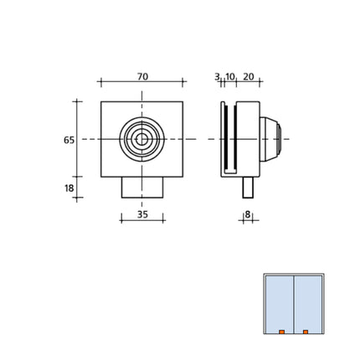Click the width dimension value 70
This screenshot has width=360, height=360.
[142, 77]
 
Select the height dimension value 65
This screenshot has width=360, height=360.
[69, 140]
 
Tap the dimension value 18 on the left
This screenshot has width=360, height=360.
[69, 188]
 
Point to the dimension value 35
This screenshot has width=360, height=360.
[141, 214]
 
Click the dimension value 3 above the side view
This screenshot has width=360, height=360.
[217, 76]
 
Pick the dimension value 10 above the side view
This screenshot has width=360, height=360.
[230, 77]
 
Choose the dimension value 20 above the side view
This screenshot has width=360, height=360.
[249, 77]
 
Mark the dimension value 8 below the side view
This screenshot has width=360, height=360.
[248, 215]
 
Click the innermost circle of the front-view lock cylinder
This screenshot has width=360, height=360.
[141, 139]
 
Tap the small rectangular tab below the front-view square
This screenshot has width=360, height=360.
[141, 187]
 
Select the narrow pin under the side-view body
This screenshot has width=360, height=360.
[248, 187]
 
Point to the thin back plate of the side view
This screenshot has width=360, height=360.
[224, 139]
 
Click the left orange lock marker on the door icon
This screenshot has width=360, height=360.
[281, 332]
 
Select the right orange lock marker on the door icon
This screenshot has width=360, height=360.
[306, 332]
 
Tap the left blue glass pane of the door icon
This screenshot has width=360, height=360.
[279, 303]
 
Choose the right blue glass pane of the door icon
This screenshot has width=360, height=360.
[307, 303]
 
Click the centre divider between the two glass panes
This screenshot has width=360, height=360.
[293, 303]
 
